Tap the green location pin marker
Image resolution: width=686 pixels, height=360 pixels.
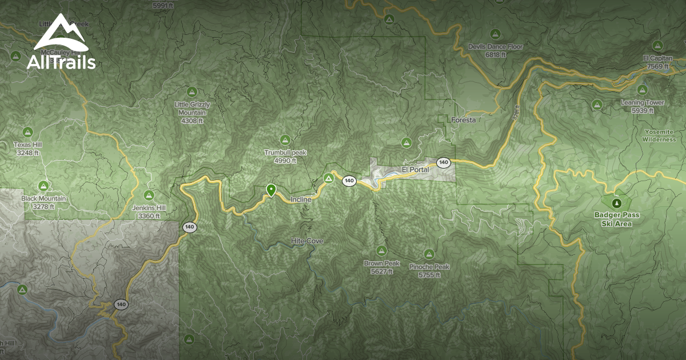point(271,190)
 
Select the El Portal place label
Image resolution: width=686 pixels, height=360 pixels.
point(415,170)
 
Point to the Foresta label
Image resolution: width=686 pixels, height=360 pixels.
point(463,120)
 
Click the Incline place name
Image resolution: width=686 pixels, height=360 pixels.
point(301,199)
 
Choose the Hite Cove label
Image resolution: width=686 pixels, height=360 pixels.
point(307,241)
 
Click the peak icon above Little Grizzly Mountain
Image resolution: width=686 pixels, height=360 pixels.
point(192,91)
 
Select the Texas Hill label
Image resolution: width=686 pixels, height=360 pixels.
point(28,149)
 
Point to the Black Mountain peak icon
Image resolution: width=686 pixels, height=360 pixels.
point(43,186)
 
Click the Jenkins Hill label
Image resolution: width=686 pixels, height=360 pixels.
point(149,212)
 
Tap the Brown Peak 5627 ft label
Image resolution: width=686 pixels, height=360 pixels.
point(381,267)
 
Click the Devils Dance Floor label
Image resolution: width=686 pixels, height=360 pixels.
point(495,50)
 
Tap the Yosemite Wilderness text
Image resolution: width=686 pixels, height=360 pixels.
point(659,135)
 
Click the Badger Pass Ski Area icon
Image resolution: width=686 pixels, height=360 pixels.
point(616,202)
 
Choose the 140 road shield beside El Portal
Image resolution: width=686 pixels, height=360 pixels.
point(444,163)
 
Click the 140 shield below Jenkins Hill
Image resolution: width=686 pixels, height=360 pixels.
point(190,227)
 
